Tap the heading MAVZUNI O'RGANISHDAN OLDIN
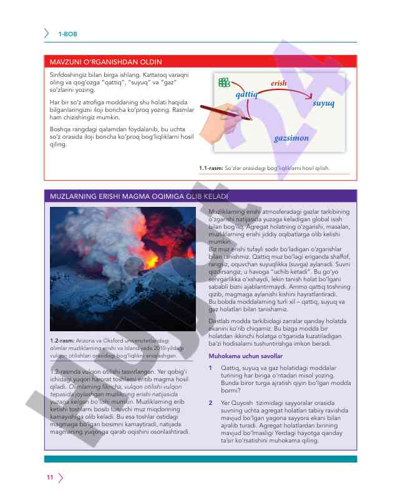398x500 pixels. pos(105,62)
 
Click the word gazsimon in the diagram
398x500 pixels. pos(291,137)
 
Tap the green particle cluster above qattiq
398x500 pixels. pos(224,82)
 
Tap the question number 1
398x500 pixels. pos(211,367)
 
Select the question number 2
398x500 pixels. pos(211,403)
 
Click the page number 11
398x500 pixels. pos(49,478)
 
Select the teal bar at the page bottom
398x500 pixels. pos(200,459)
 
